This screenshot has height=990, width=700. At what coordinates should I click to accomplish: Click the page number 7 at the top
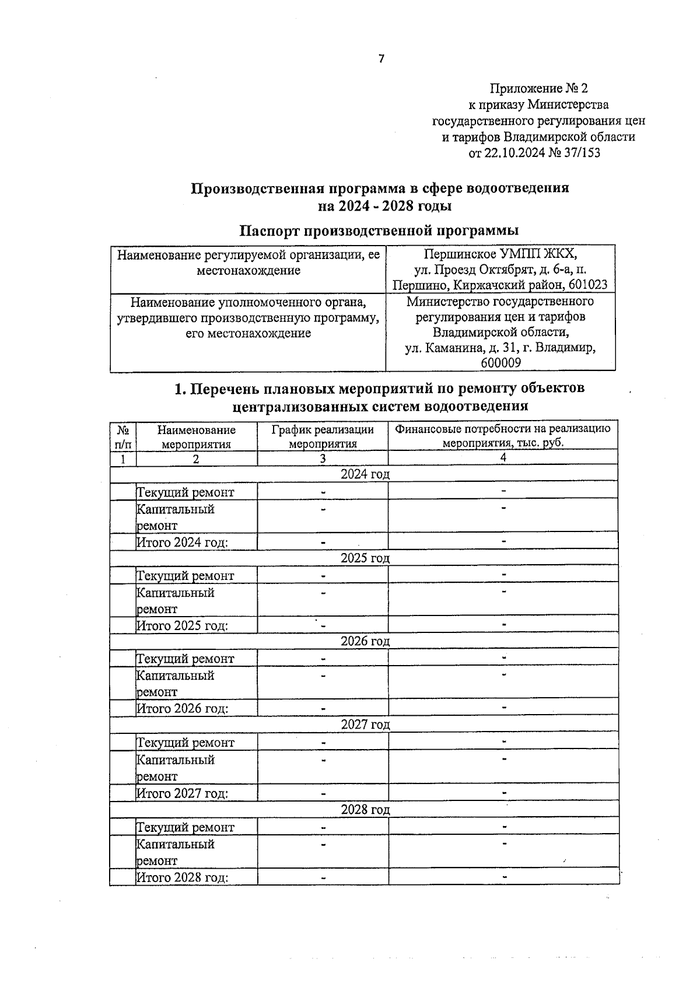pos(381,59)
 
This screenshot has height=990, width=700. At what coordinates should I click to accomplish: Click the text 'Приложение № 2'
pos(538,89)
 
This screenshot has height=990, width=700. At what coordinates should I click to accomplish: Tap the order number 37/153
pos(581,153)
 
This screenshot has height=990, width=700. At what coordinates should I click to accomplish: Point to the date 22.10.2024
pos(513,153)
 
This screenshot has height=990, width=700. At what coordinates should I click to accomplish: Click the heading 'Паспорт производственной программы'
pos(379,230)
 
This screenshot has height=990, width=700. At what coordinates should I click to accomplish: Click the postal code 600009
pos(501,363)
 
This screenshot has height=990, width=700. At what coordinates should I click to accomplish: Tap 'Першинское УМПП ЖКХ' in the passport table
pos(500,254)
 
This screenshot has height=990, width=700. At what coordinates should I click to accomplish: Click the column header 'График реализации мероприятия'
pos(323,436)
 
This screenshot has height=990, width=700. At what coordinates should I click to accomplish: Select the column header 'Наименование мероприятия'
pos(196,436)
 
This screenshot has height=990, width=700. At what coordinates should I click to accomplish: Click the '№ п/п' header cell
pos(123,436)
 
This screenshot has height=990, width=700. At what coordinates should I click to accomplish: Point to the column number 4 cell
pos(503,458)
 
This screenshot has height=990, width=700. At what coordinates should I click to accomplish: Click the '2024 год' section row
pos(365,474)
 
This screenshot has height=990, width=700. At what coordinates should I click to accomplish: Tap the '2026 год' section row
pos(365,641)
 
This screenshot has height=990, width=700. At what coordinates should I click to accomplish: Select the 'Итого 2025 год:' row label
pos(182,626)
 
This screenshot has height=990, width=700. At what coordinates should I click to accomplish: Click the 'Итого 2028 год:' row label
pos(182,877)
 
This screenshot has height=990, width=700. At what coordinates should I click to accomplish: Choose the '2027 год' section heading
pos(365,725)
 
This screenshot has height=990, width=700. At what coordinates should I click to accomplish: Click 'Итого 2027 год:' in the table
pos(182,793)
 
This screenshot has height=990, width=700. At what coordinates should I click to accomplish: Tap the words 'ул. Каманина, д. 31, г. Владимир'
pos(500,348)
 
